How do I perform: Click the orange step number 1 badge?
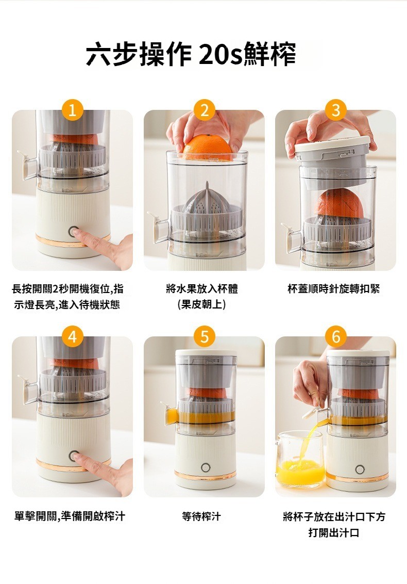[73, 110]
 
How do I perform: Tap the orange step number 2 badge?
[204, 110]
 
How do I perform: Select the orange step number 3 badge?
[335, 110]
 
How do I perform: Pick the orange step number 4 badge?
[73, 337]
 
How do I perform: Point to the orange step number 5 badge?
[204, 337]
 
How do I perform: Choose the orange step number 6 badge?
[335, 337]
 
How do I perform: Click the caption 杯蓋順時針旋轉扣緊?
[334, 289]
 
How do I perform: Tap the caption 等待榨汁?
[201, 516]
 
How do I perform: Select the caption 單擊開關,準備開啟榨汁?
[70, 516]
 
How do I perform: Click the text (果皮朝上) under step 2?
[201, 305]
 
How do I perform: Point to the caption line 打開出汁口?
[334, 532]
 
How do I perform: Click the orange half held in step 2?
[207, 148]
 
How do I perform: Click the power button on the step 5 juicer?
[206, 467]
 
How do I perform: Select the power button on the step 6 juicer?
[360, 469]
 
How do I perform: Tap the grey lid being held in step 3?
[333, 151]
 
